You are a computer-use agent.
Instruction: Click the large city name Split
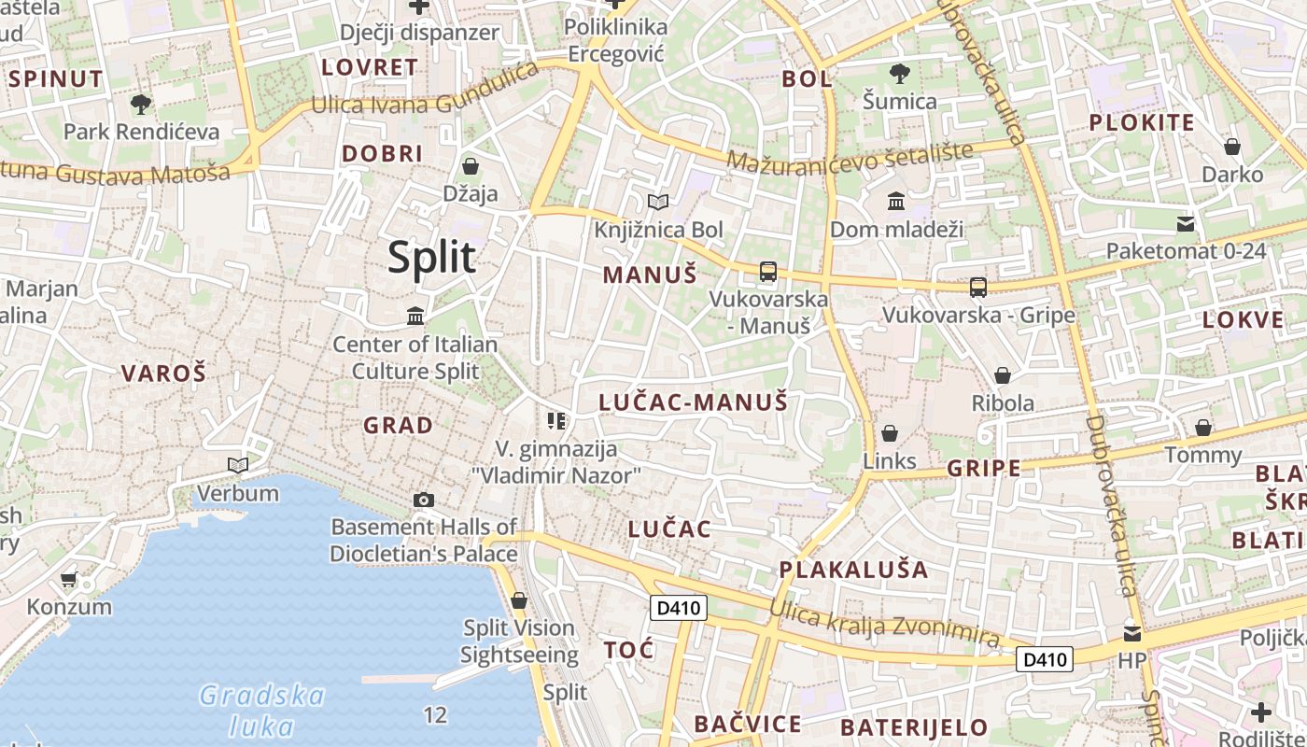[x=431, y=257]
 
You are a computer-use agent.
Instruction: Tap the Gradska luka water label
[x=261, y=711]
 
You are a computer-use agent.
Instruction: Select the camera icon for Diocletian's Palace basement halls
[x=424, y=500]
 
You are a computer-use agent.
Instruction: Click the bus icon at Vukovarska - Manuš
[x=768, y=272]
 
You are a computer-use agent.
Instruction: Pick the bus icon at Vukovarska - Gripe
[x=978, y=288]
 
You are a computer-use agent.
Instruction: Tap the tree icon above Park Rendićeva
[x=141, y=104]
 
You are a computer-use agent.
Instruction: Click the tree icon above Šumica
[x=900, y=73]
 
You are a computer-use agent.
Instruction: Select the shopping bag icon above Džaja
[x=471, y=166]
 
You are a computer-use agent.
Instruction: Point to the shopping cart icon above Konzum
[x=68, y=580]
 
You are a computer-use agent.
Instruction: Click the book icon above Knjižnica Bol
[x=658, y=202]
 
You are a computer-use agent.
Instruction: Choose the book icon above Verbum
[x=238, y=465]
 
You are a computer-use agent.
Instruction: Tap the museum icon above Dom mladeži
[x=896, y=201]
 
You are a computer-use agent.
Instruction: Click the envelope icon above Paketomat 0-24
[x=1186, y=223]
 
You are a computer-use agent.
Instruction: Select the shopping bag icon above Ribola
[x=1003, y=375]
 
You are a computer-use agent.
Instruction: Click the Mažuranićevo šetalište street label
[x=850, y=156]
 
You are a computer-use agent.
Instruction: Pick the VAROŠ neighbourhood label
[x=163, y=373]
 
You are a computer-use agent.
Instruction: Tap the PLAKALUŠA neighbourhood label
[x=853, y=570]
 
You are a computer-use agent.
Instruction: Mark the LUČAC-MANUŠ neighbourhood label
[x=693, y=402]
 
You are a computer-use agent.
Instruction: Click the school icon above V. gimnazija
[x=557, y=421]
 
